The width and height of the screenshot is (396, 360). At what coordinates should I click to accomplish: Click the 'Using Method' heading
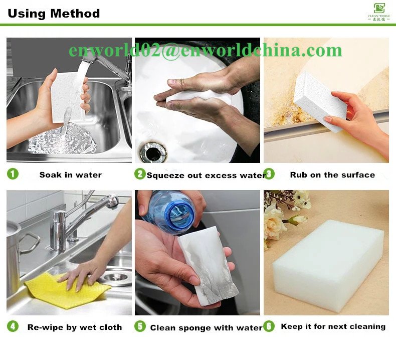(x=54, y=14)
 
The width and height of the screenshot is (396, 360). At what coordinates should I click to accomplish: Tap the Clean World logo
(x=379, y=12)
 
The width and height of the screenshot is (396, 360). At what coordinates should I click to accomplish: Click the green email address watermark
(x=205, y=50)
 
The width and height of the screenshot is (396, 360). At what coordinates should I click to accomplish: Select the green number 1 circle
(x=13, y=174)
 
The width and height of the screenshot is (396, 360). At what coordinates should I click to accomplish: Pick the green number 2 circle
(x=140, y=174)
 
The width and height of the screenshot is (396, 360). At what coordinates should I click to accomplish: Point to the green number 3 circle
(x=269, y=174)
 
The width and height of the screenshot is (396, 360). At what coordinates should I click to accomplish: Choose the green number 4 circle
(x=13, y=326)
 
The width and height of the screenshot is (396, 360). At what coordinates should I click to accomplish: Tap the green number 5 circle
(x=140, y=326)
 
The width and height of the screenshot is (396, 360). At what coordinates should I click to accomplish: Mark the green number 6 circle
(x=269, y=326)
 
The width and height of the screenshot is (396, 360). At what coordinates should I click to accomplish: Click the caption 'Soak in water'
(x=71, y=175)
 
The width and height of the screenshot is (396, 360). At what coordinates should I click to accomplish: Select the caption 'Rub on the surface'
(x=332, y=175)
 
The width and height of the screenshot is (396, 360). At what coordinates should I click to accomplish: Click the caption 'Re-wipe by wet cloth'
(x=75, y=327)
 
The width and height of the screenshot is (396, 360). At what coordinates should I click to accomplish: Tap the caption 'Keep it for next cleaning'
(x=333, y=326)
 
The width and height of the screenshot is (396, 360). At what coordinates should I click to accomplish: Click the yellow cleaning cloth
(x=67, y=290)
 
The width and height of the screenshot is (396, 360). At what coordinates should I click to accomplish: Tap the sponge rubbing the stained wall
(x=320, y=102)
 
